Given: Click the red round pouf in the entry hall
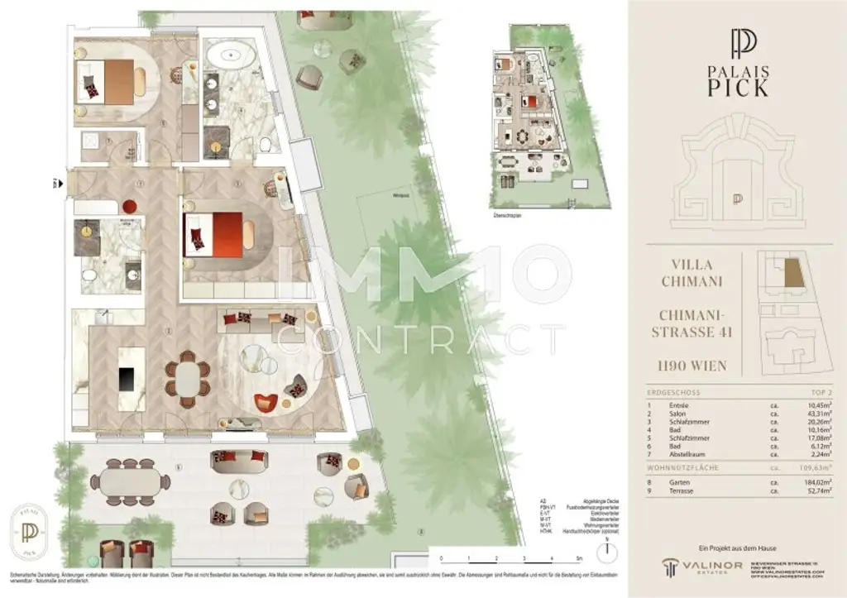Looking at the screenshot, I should (130, 206).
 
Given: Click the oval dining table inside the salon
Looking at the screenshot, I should (188, 380).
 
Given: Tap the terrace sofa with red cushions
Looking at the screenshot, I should (239, 461).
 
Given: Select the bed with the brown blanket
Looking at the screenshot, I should (112, 80).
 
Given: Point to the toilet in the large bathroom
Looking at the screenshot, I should (266, 146).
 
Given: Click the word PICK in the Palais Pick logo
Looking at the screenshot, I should (736, 87).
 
